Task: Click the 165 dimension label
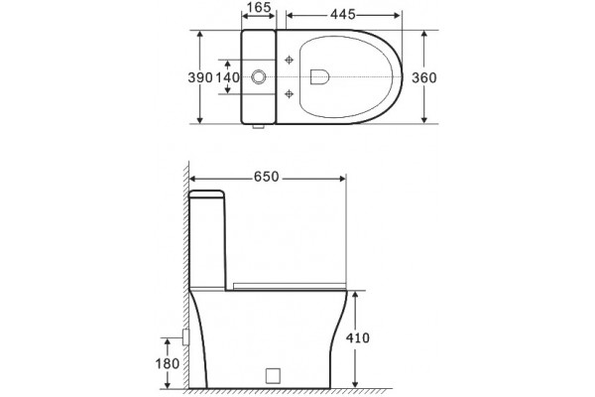259,7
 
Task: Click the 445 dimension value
343,15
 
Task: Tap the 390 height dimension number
200,77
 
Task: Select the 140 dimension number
228,77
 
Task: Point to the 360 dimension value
424,77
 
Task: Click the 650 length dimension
267,177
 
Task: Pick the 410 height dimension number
357,337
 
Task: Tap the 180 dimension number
168,364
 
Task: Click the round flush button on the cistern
259,76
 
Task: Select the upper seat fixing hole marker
290,60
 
